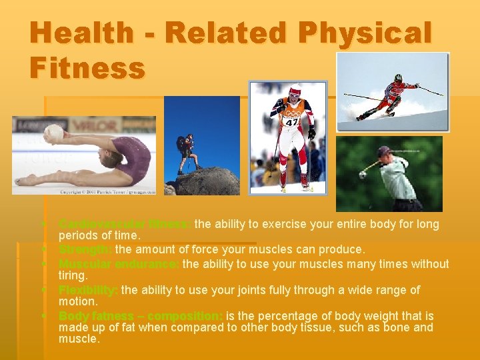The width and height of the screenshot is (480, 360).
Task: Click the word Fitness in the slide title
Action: pos(87,68)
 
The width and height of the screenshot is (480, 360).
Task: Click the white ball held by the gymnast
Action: pos(53,135)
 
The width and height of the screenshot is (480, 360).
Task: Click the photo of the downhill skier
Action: pos(392,92)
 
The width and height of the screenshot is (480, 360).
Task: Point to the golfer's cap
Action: pos(383,151)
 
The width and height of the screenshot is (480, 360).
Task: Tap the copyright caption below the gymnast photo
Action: pos(107,192)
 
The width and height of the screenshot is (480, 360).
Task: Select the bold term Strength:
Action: pos(85,249)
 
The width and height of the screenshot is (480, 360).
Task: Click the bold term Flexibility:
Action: pos(89,290)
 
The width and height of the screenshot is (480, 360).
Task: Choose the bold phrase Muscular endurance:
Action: pos(119,263)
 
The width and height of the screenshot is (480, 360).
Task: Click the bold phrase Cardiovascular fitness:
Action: pos(125,224)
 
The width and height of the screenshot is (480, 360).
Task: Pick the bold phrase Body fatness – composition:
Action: pos(141,315)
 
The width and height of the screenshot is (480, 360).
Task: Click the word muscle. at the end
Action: pos(79,339)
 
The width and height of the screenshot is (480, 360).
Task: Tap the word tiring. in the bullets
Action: pos(73,275)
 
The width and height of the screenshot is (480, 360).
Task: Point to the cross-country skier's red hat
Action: pos(294,89)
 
